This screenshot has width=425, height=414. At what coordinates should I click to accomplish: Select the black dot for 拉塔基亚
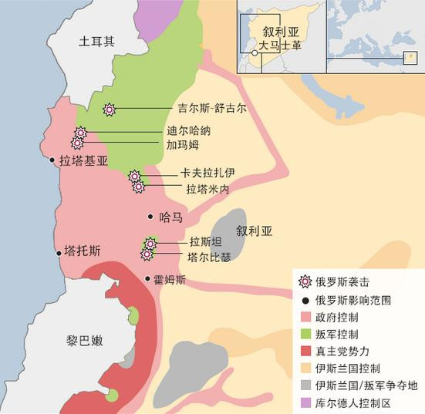click(52, 161)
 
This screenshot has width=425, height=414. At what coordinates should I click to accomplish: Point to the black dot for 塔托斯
click(58, 251)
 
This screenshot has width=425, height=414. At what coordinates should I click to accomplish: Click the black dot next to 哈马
click(150, 217)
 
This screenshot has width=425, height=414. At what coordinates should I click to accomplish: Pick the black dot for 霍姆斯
click(147, 279)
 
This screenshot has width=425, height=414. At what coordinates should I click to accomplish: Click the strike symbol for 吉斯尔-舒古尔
click(110, 109)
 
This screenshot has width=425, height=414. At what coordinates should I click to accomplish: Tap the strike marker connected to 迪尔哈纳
click(80, 133)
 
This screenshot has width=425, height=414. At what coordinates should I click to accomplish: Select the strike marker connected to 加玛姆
click(77, 143)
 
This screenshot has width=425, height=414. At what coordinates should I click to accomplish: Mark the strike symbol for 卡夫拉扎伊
click(134, 176)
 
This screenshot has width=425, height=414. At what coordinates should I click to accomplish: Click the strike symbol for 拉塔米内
click(139, 187)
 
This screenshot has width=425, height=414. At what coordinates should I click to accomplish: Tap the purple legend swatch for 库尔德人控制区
click(305, 402)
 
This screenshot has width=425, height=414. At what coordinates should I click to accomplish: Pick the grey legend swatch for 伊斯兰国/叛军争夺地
click(305, 385)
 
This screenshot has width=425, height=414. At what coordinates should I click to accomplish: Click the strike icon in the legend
click(305, 282)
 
